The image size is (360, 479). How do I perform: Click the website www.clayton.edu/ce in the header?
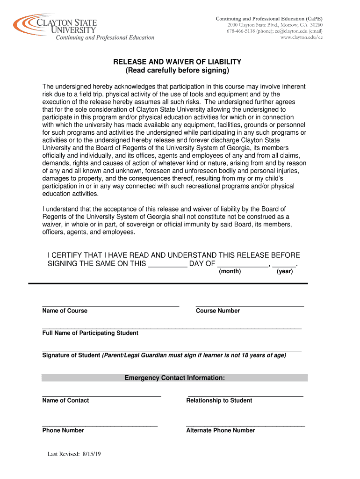[301, 37]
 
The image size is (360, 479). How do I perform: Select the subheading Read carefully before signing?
[177, 71]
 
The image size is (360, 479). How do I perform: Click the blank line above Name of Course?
[110, 305]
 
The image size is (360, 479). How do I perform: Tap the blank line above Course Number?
[250, 305]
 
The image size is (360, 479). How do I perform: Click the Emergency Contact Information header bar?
[174, 378]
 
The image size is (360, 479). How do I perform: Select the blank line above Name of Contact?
[101, 395]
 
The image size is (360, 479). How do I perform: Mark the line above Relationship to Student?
[245, 395]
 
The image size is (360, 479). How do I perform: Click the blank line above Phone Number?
[100, 425]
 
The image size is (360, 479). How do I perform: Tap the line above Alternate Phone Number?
[245, 425]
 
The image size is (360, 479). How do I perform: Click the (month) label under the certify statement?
[230, 271]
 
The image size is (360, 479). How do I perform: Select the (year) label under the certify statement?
[285, 271]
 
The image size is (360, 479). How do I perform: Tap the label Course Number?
[218, 311]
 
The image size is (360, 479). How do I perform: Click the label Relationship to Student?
[219, 400]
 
